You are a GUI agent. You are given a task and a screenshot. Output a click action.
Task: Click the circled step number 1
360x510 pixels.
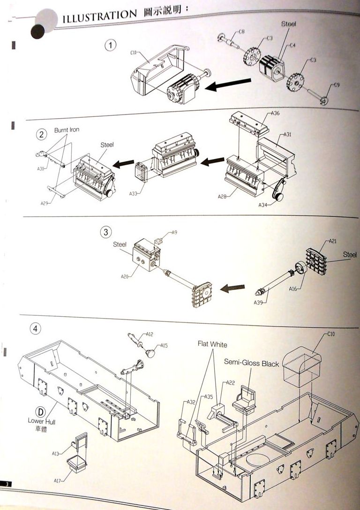(111, 46)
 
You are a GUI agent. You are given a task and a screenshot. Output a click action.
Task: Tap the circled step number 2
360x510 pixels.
(42, 134)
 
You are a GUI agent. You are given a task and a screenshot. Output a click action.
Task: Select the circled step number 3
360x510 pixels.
(106, 232)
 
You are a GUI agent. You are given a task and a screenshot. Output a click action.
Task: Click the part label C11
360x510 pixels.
(133, 54)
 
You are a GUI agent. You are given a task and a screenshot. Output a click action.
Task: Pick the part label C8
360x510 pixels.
(241, 32)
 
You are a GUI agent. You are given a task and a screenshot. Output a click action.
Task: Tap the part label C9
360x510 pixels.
(337, 84)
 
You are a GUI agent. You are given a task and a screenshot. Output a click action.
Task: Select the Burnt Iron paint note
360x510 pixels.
(67, 129)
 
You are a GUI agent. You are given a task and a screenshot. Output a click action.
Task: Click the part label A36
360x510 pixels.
(276, 114)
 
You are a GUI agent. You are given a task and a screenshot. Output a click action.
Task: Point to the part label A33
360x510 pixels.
(134, 193)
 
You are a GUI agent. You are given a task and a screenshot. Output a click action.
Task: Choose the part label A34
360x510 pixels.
(263, 205)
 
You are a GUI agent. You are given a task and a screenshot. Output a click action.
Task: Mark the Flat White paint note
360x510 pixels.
(212, 344)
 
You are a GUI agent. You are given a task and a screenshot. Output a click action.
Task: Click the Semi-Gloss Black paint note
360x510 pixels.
(251, 363)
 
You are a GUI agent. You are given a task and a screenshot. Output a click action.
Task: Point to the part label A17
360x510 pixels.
(58, 480)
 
